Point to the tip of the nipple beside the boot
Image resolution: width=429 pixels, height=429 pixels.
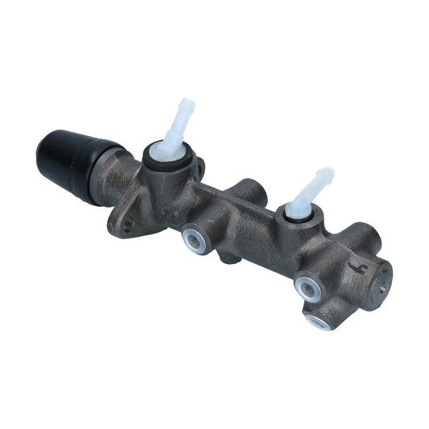point(188,105)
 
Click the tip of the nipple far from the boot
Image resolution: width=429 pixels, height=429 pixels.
point(326,173)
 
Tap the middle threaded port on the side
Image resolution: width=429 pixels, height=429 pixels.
point(306,285)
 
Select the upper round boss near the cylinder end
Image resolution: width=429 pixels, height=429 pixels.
point(366,236)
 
